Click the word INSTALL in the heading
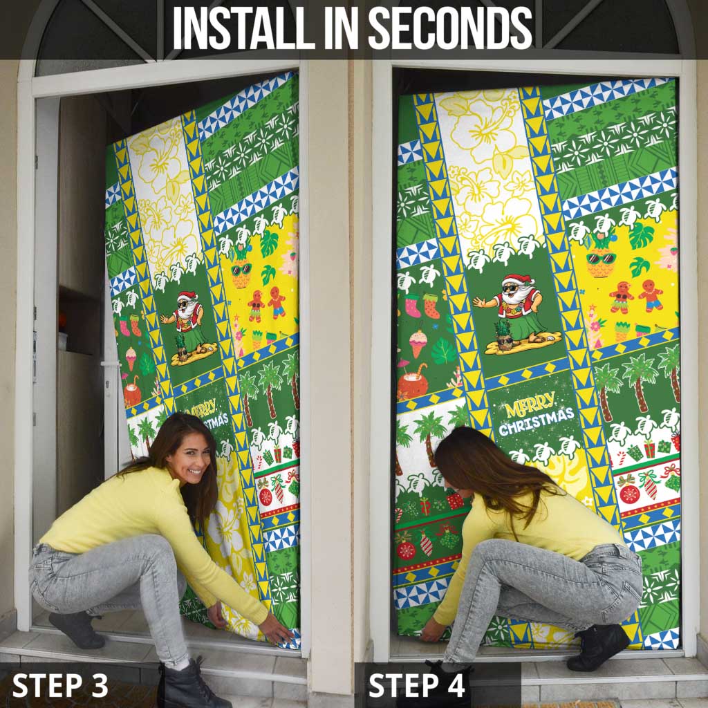[x=244, y=28]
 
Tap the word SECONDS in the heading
[x=451, y=28]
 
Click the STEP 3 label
[x=60, y=685]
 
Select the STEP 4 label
[x=416, y=685]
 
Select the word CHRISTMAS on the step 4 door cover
[x=537, y=421]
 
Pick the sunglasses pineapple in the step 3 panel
[x=241, y=269]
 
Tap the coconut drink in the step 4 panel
[x=412, y=383]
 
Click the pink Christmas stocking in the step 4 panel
[x=413, y=306]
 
